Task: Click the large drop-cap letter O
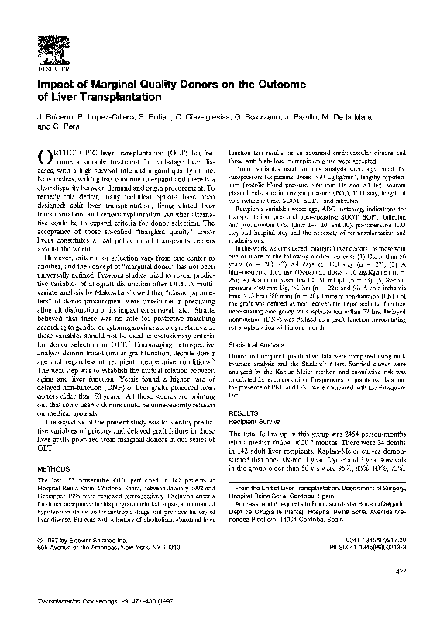click(45, 157)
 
